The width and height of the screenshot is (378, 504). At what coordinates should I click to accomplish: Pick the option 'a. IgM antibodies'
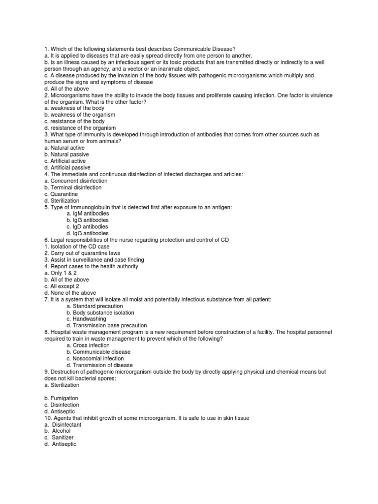point(88,214)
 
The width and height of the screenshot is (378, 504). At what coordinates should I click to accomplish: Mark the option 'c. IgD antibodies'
point(88,227)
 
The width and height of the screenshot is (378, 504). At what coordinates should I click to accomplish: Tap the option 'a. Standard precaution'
point(94,306)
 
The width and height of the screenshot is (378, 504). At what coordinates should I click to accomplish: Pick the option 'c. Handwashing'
point(88,319)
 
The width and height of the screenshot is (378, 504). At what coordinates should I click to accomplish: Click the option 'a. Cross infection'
point(88,346)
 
